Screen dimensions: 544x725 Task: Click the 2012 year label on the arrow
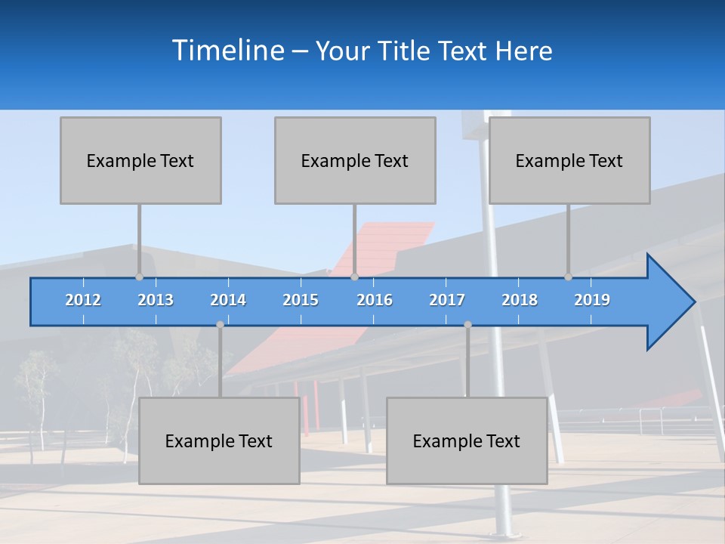[x=83, y=300]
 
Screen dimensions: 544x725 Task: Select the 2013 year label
[x=156, y=300]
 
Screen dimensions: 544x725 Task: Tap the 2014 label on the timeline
[x=228, y=300]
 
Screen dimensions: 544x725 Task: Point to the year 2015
[x=301, y=300]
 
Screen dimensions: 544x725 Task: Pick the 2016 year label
[x=375, y=300]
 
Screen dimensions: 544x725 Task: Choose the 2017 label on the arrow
[x=447, y=300]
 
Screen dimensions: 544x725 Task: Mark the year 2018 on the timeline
[x=520, y=300]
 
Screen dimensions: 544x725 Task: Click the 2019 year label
[x=592, y=300]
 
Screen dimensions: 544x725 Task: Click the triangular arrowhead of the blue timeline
[x=668, y=302]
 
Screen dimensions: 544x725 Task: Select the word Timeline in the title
[x=227, y=51]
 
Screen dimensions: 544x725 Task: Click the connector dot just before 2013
[x=140, y=277]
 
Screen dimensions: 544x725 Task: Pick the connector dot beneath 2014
[x=220, y=325]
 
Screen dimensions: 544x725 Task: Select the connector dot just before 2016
[x=354, y=277]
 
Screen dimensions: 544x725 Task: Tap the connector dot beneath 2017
[x=467, y=325]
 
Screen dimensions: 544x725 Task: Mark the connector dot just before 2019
[x=569, y=277]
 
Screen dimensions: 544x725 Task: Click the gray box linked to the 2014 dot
[x=219, y=440]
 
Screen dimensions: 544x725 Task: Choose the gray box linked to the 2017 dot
[x=467, y=440]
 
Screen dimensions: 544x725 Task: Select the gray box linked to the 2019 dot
[x=569, y=160]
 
